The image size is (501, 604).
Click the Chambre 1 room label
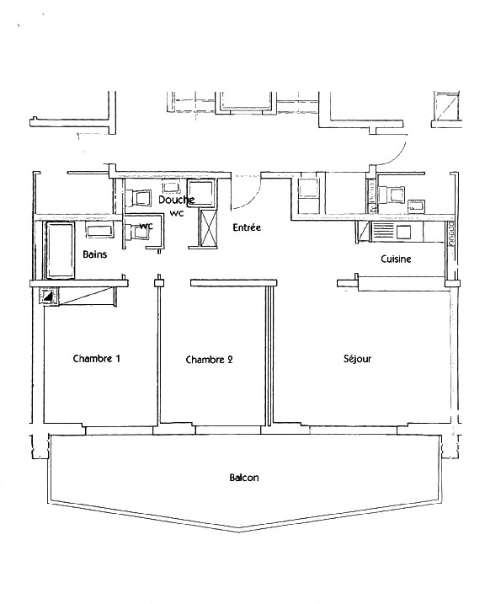(97, 358)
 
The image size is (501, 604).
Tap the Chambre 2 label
(209, 360)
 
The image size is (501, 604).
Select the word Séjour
(357, 359)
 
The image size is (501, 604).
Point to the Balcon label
(244, 478)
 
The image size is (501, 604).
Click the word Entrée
(247, 227)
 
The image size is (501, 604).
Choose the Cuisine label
(396, 259)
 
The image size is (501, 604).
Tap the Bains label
(94, 254)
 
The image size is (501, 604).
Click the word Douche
(176, 200)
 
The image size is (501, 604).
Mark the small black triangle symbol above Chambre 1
(49, 296)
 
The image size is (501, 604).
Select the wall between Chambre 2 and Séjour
(269, 354)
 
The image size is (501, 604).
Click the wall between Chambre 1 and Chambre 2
(157, 354)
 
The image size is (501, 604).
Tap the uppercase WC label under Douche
(176, 213)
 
